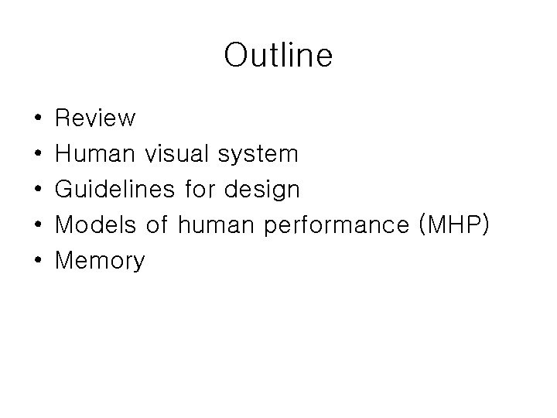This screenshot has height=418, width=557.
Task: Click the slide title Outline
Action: [278, 56]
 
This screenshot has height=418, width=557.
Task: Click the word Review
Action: [96, 118]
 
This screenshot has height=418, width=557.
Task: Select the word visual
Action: [177, 154]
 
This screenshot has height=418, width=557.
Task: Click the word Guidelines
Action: [117, 190]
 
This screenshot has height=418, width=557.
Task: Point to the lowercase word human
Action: [217, 225]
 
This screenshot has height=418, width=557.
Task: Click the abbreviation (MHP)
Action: [453, 225]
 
